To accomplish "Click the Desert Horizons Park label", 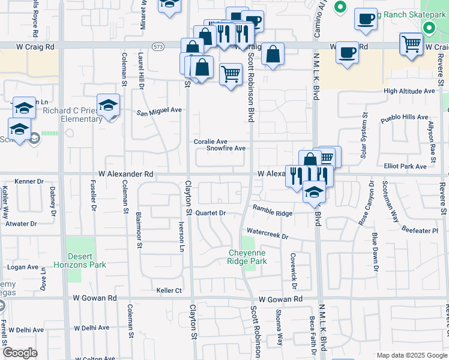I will (83, 260).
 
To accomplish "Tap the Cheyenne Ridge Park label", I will (247, 257).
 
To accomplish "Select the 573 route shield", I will (158, 46).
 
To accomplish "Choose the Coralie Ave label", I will (210, 142).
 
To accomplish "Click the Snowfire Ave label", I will (226, 148).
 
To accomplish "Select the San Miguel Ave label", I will (158, 111).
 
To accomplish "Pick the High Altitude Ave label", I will (409, 91).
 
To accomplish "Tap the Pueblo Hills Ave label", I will (405, 118).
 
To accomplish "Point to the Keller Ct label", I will (169, 290).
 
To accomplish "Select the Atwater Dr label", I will (21, 224).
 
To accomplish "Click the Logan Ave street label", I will (22, 267).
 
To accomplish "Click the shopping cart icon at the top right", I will (411, 44).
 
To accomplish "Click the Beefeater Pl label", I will (420, 230).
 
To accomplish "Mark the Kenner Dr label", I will (29, 181).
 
